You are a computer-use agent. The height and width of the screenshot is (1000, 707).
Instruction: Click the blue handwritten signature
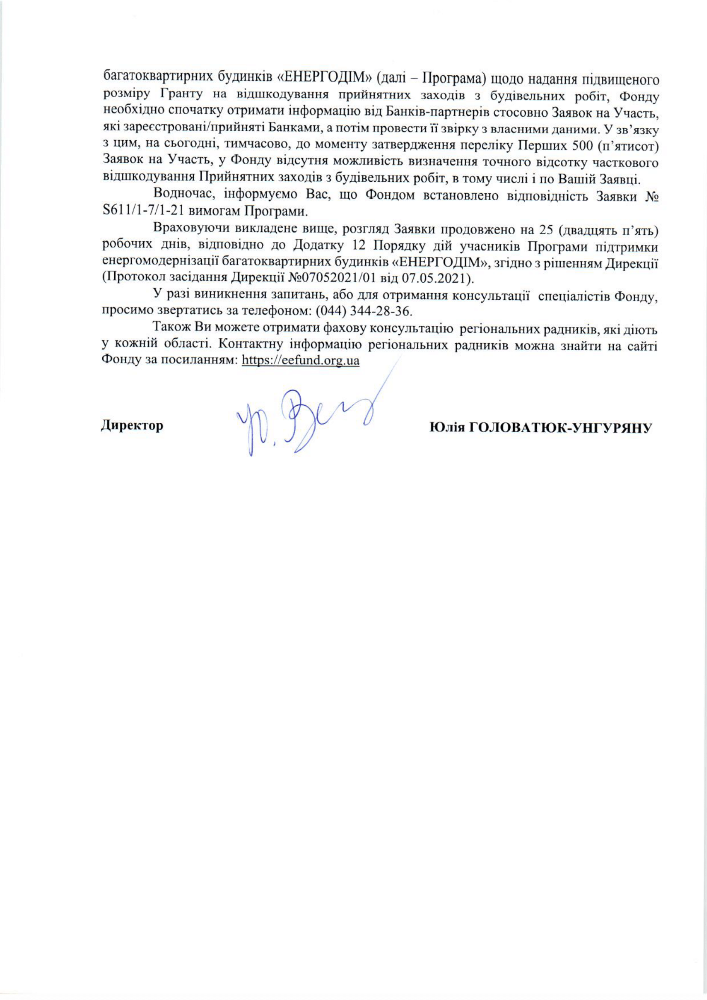[x=305, y=420]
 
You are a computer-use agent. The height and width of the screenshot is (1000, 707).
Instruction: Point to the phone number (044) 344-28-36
[x=362, y=312]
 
